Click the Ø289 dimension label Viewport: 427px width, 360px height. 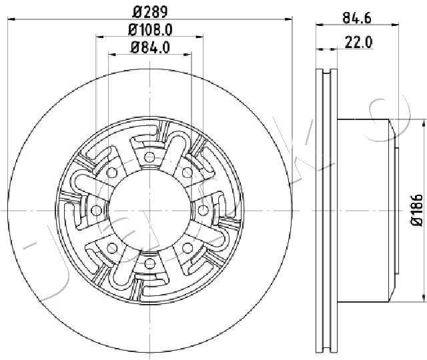tap(150, 12)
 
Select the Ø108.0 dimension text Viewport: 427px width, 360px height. tap(150, 30)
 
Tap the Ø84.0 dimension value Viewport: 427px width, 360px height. tap(150, 47)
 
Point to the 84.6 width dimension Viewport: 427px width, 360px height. tap(357, 19)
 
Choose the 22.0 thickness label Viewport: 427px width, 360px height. tap(358, 43)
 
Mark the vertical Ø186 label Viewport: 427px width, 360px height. tap(416, 209)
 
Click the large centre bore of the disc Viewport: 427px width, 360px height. tap(150, 211)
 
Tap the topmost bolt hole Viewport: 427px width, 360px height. tap(149, 157)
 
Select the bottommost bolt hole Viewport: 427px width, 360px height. tap(149, 263)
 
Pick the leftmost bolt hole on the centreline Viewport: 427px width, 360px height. tap(96, 211)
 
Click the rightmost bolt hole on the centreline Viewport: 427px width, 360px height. tap(203, 210)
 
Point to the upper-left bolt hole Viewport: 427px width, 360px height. tap(112, 173)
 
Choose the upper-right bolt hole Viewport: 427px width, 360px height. tap(187, 172)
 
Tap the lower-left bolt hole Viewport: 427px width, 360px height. tap(112, 248)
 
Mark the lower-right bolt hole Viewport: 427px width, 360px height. tap(187, 248)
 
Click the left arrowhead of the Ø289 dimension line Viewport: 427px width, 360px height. tap(11, 19)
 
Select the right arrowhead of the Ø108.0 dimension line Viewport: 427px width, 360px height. tap(200, 37)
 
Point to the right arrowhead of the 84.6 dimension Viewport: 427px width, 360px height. tap(396, 25)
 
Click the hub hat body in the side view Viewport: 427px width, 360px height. tap(363, 211)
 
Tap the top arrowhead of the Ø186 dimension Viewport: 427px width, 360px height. tap(424, 123)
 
